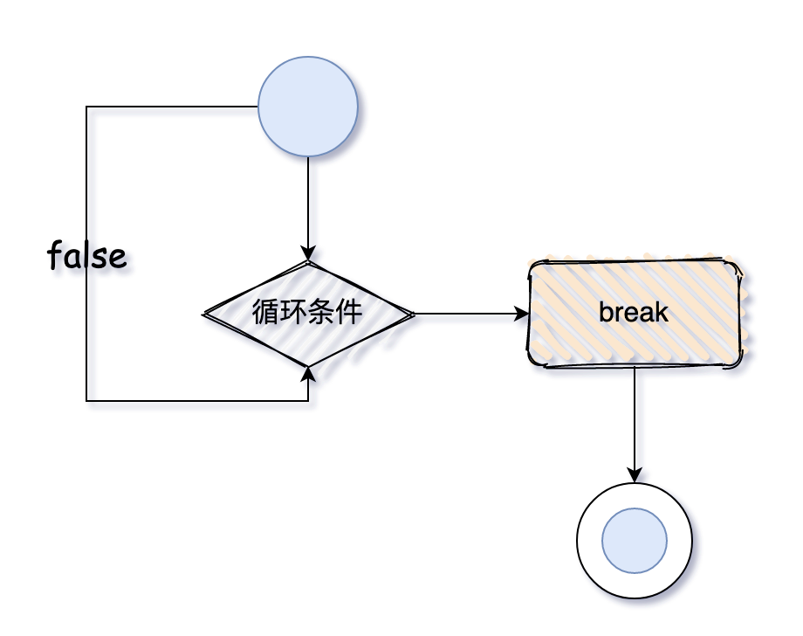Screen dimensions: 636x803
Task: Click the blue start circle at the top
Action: tap(308, 107)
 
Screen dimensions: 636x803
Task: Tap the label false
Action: tap(87, 256)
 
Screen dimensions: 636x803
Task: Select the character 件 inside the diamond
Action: tap(349, 313)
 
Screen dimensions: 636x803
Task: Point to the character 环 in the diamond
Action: tap(293, 313)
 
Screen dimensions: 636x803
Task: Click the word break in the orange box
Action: tap(634, 313)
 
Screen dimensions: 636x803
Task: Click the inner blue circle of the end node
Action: tap(635, 541)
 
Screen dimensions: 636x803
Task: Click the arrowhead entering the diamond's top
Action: tap(308, 252)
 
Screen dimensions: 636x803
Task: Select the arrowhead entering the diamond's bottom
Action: tap(308, 374)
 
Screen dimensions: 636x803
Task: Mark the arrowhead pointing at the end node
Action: tap(635, 475)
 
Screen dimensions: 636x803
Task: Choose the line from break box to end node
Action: tap(635, 419)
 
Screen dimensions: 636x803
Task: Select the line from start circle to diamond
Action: tap(308, 201)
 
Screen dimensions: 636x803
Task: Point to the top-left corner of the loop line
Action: tap(86, 107)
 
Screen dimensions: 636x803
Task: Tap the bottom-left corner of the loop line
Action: tap(86, 401)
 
